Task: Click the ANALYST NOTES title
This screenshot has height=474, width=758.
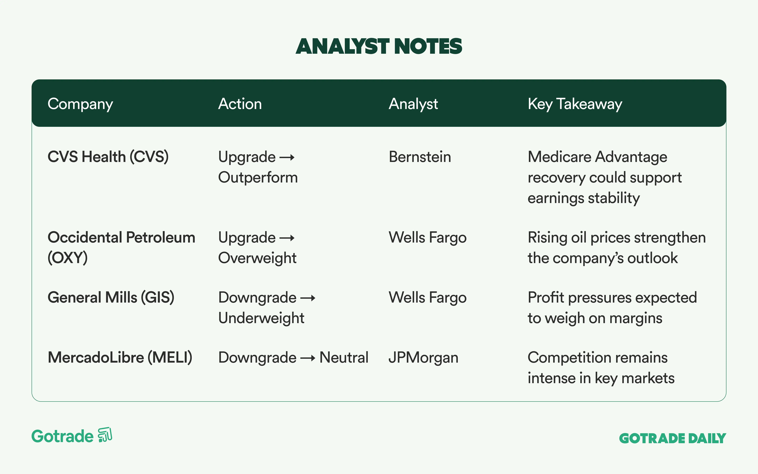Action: coord(379,46)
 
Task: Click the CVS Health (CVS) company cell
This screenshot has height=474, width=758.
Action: coord(108,157)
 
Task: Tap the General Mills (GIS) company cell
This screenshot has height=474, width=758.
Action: coord(111,298)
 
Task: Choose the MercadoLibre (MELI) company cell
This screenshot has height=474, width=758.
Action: coord(120,358)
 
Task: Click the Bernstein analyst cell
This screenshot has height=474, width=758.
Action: coord(420,157)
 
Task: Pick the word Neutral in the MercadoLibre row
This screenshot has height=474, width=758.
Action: coord(344,358)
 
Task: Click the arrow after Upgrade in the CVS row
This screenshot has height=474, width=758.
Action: coord(287,157)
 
